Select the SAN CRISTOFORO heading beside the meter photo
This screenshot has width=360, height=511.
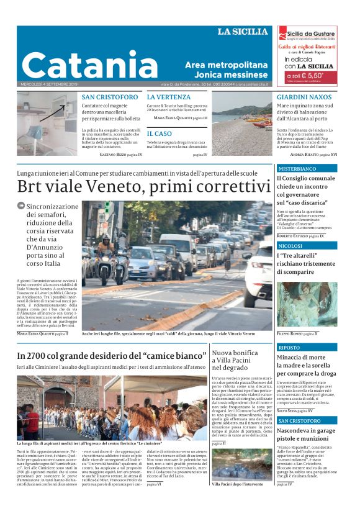click(110, 97)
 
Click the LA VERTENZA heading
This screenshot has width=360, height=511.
click(169, 97)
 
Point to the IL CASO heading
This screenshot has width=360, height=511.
click(160, 133)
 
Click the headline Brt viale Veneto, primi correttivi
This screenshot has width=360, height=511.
click(140, 186)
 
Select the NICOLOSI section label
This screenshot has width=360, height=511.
click(290, 246)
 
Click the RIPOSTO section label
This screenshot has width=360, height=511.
click(289, 348)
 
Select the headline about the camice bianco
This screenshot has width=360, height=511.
click(112, 356)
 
